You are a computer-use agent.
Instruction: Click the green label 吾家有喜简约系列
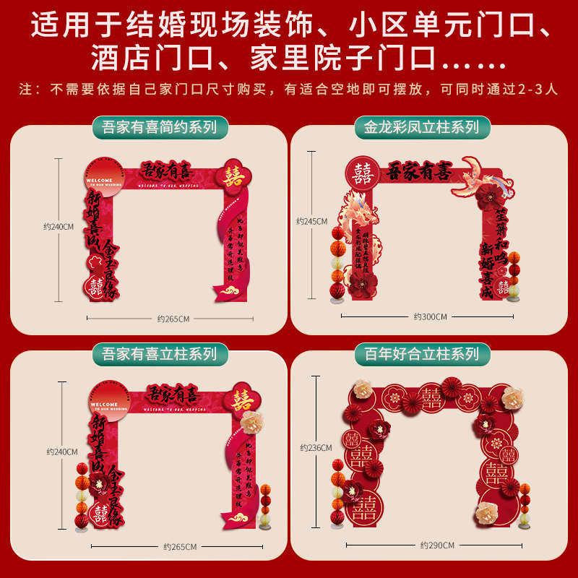pos(155,128)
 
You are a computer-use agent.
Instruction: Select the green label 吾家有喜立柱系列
pos(155,353)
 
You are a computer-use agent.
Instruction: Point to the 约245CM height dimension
pos(311,221)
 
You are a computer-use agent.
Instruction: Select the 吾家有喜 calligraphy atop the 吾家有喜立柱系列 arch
pos(171,396)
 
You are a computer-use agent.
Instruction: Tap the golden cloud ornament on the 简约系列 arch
pos(231,292)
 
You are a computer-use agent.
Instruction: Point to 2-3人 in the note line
pos(540,90)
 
